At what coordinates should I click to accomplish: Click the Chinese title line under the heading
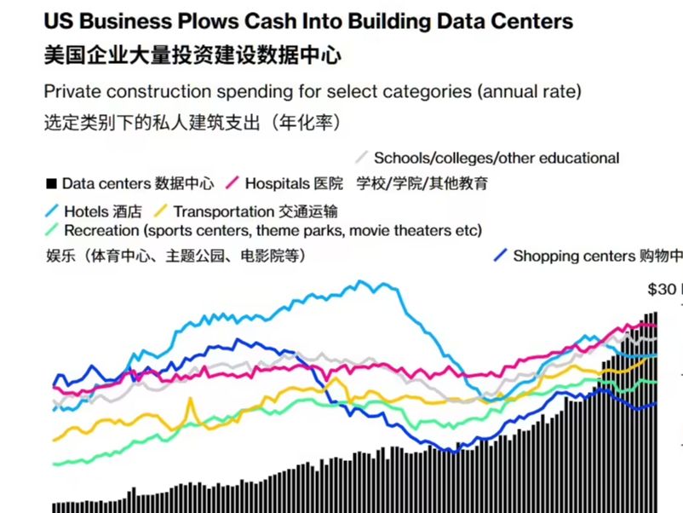pos(192,56)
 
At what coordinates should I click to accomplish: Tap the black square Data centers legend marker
pos(51,183)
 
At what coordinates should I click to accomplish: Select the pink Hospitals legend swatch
pos(231,182)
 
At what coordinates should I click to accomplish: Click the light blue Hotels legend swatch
pos(50,210)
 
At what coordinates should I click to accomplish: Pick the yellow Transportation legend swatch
pos(160,210)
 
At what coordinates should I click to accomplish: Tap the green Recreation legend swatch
pos(51,230)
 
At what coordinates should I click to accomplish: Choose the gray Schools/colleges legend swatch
pos(361,158)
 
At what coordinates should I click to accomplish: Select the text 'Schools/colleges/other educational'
pos(496,159)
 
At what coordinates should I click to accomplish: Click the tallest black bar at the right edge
pos(655,409)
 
